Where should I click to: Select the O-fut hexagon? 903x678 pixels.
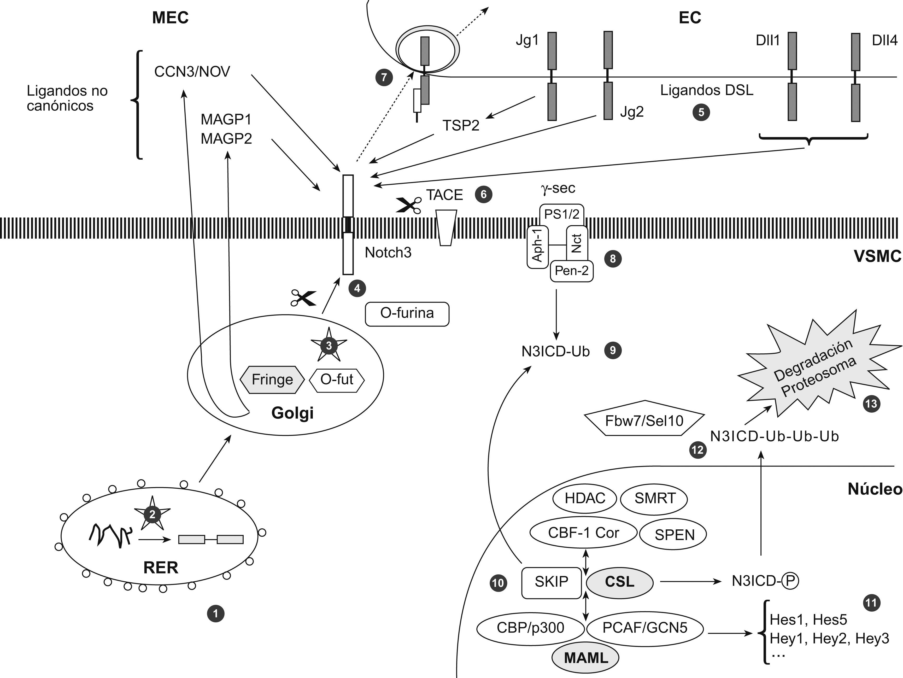337,380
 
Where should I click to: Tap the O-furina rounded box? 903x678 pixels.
407,313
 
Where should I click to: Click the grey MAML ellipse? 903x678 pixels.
586,658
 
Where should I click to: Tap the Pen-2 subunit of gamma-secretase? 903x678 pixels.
572,271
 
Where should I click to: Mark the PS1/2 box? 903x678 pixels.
562,214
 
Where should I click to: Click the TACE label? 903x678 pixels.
444,195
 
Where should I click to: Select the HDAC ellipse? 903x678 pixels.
585,498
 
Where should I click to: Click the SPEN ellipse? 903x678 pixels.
675,535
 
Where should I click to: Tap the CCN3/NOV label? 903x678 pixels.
192,72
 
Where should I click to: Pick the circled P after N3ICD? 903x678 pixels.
790,581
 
